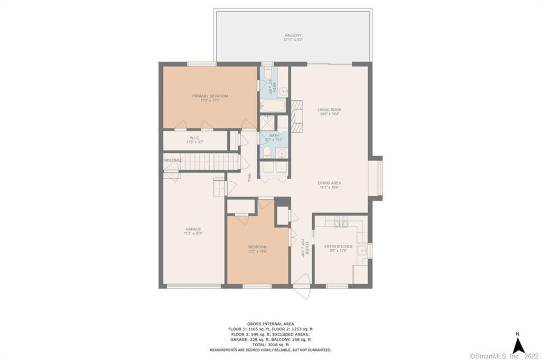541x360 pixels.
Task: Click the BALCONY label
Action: coord(292,35)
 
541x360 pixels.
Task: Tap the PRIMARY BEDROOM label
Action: coord(210,96)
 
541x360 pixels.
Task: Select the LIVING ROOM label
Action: coord(329,110)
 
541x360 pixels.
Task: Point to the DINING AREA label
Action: coord(329,183)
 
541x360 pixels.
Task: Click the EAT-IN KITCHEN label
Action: coord(338,246)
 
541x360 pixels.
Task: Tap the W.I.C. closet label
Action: coord(194,138)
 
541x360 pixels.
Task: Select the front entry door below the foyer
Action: coord(302,291)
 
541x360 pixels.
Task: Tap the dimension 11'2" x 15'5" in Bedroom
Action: coord(257,252)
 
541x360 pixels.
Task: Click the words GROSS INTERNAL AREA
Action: coord(270,323)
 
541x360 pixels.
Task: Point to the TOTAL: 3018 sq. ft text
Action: coord(270,344)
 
